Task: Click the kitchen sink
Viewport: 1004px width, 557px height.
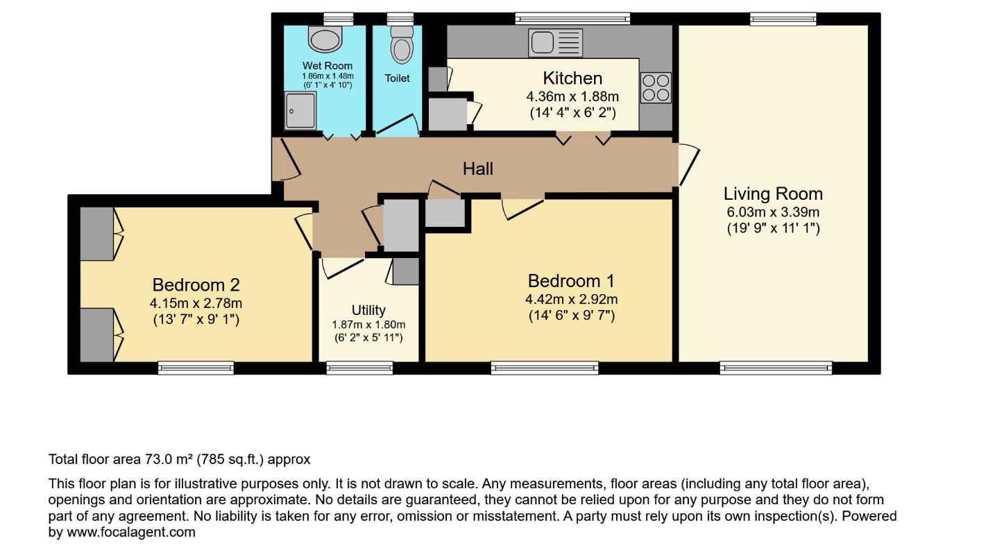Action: pos(555,43)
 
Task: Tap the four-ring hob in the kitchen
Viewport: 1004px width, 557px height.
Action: pos(656,88)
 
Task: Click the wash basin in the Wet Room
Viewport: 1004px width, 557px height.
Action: pos(325,39)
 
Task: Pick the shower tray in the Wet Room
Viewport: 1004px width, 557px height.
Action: pos(300,111)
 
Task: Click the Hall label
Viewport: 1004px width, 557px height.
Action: pos(478,169)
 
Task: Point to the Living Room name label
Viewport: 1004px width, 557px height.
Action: pos(773,194)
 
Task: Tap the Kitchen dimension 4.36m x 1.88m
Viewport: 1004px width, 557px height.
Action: pos(572,96)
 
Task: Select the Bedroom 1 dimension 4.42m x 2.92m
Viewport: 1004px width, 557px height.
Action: pos(572,299)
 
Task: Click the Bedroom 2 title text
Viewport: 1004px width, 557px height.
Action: pos(196,285)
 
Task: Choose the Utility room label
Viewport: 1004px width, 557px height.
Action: pos(368,311)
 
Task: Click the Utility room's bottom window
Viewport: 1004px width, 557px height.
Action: pos(359,368)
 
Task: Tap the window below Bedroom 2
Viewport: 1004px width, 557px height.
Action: pos(196,368)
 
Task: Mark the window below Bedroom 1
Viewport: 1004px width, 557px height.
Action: pos(545,368)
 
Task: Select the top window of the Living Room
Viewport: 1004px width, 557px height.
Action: pos(783,19)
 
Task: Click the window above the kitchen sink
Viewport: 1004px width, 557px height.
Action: pos(572,19)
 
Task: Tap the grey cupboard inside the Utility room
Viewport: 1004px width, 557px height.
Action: pos(406,271)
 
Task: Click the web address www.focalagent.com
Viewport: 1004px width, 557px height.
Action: pos(131,532)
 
